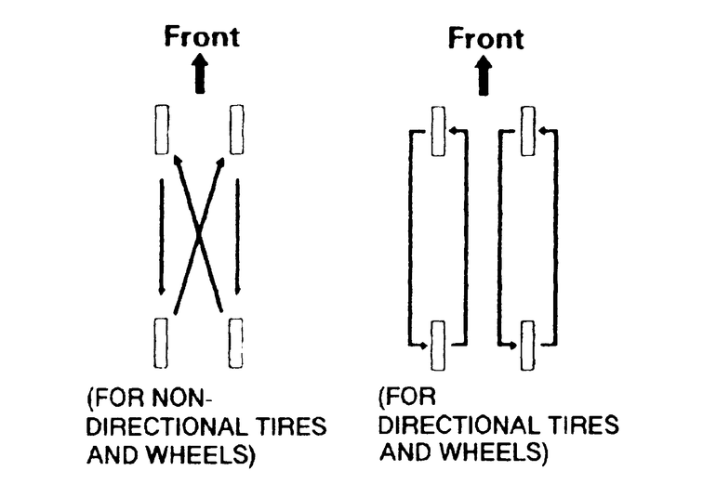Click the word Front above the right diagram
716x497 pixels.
tap(485, 38)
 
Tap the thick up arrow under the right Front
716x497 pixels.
tap(484, 75)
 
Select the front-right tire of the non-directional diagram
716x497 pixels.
tap(236, 130)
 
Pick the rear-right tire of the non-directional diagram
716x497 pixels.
tap(236, 344)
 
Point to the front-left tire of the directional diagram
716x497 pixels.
tap(438, 132)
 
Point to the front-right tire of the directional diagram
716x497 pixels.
tap(527, 132)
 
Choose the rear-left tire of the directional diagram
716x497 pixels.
tap(438, 346)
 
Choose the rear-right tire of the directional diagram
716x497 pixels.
tap(527, 346)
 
